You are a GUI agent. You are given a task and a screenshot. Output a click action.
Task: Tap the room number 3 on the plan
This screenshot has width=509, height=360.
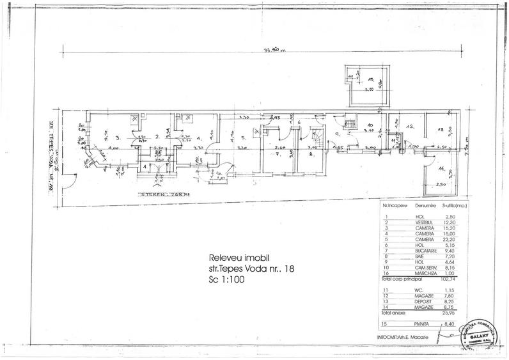[x=118, y=137]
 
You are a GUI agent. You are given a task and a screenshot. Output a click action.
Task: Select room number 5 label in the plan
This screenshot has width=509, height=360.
[x=233, y=138]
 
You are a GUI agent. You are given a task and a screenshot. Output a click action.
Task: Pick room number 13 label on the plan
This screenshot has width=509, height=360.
[x=439, y=130]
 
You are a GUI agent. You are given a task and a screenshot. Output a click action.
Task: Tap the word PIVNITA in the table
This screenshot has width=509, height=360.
[x=422, y=324]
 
